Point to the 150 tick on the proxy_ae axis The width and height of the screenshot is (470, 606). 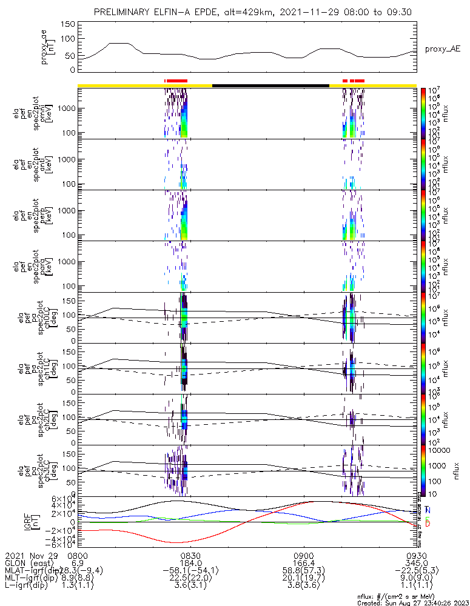(68, 24)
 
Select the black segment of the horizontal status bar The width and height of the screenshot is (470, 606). (270, 85)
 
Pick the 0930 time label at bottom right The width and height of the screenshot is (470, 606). (416, 555)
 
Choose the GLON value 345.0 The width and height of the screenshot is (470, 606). (416, 563)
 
